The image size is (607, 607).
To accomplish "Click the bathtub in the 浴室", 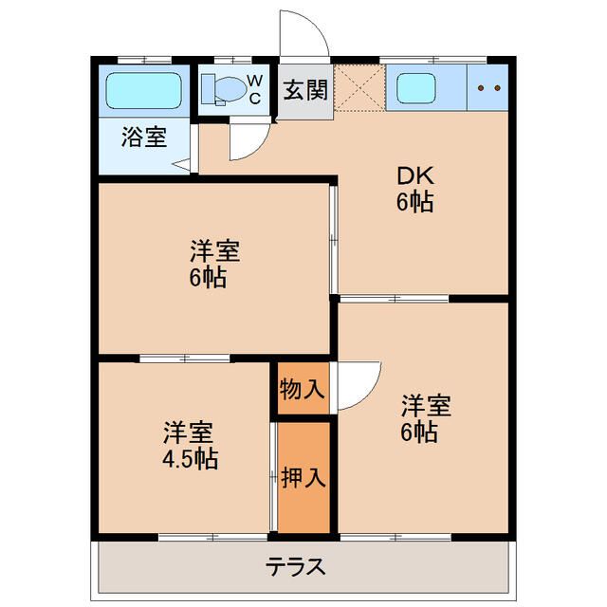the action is tap(143, 91).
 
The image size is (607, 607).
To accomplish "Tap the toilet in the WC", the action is tap(225, 90).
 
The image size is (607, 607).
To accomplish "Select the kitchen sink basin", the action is tap(416, 88).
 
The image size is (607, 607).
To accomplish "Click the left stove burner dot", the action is tap(481, 88).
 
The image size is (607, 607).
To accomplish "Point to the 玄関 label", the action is tap(305, 91).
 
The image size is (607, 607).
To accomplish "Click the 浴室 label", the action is tap(144, 137).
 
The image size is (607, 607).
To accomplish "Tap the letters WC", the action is tap(255, 90).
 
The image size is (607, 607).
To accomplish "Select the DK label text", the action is tap(415, 175).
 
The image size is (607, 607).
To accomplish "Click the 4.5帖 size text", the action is tap(190, 459).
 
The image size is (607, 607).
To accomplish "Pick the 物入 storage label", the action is tap(302, 389).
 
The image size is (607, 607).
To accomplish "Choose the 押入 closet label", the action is tap(303, 477).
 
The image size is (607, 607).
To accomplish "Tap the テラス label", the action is tap(295, 566).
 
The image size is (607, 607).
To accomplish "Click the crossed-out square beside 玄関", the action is tap(359, 87).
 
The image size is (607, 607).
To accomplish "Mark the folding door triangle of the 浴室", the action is tap(180, 165).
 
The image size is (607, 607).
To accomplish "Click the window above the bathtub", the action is tap(144, 60).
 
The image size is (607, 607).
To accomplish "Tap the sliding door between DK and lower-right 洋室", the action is tap(395, 299).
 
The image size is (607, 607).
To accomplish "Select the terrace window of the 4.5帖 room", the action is tap(213, 537).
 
